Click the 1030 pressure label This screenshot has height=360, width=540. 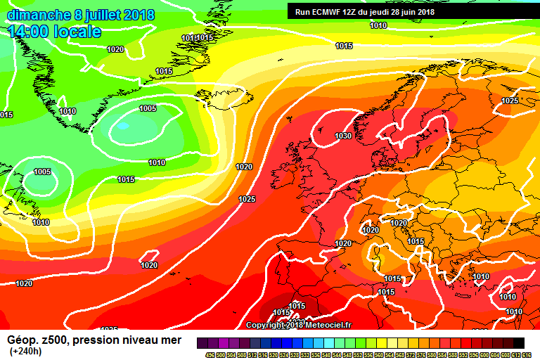[343, 136]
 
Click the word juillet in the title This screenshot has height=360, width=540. [101, 15]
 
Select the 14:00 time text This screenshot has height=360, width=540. [31, 32]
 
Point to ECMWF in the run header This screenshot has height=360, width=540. [330, 11]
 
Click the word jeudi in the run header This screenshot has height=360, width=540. [384, 11]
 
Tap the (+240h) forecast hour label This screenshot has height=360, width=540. [25, 352]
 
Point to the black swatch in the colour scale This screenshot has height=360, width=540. [518, 342]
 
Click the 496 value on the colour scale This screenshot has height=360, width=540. [210, 354]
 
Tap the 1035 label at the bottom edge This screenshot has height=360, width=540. [109, 329]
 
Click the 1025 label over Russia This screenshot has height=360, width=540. [510, 101]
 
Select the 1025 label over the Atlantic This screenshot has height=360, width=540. [247, 199]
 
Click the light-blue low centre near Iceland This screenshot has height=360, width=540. [124, 126]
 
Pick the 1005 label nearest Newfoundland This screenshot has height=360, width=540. [42, 172]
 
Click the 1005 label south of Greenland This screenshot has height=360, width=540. [148, 108]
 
